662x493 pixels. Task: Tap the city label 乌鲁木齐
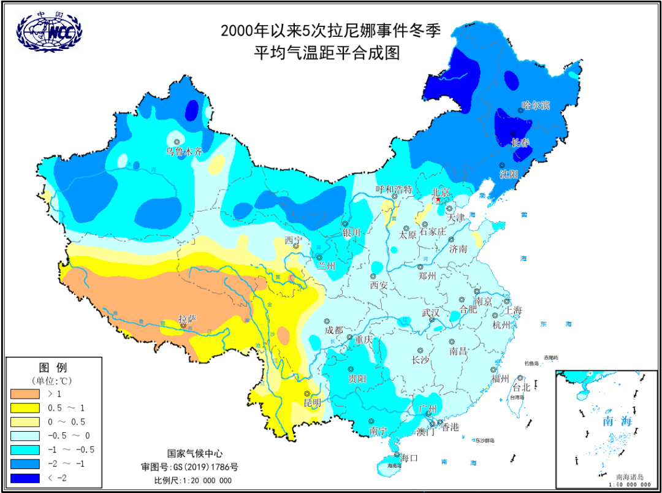tap(183, 151)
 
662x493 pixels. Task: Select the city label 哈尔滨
tap(536, 105)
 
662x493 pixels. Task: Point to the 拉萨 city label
tap(188, 319)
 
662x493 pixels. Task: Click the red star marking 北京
tap(437, 200)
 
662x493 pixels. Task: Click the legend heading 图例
tap(53, 368)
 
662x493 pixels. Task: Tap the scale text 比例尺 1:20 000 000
tap(193, 480)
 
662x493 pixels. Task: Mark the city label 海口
tap(409, 457)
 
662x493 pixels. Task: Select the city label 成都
tap(334, 330)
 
